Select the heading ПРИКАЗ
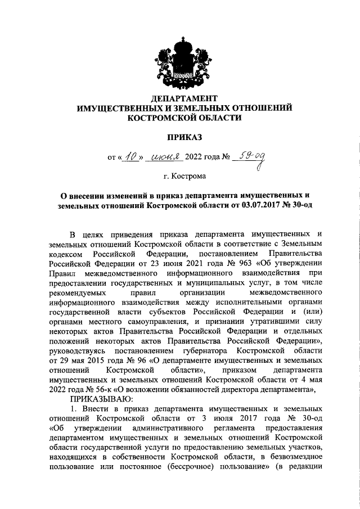[184, 136]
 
